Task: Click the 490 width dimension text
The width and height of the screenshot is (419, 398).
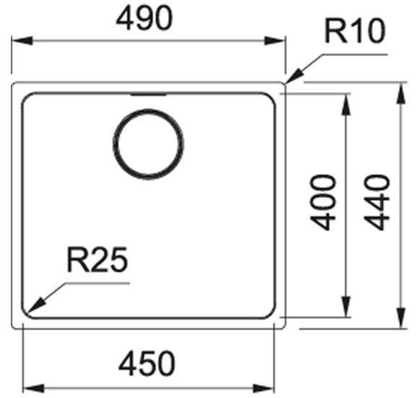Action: tap(144, 18)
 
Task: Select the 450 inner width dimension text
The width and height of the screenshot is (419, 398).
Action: tap(147, 363)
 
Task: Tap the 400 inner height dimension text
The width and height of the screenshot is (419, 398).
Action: tap(322, 203)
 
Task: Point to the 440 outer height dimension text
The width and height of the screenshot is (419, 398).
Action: tap(377, 203)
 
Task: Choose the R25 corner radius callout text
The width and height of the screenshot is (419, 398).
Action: tap(98, 259)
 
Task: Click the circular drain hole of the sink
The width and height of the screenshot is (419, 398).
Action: tap(148, 110)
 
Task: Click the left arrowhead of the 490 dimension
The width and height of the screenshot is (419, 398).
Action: tap(22, 41)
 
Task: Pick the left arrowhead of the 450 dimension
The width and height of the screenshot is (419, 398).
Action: tap(34, 389)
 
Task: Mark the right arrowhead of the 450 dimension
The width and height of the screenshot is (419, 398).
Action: tap(264, 389)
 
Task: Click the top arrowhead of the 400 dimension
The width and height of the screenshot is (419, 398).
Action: tap(346, 105)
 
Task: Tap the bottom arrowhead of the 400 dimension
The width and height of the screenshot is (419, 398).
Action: tap(346, 307)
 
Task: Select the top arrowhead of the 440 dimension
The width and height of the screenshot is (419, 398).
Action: tap(401, 93)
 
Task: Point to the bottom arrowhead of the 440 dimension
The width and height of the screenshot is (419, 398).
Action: tap(401, 318)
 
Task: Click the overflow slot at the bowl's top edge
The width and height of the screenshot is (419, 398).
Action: tap(148, 94)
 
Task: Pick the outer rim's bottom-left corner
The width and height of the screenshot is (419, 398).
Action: tap(13, 327)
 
